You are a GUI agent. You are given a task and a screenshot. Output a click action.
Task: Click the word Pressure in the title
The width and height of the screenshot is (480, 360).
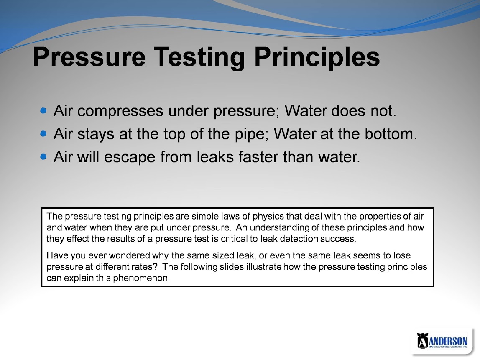89,57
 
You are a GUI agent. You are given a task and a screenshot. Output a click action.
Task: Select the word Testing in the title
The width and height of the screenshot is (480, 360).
199,58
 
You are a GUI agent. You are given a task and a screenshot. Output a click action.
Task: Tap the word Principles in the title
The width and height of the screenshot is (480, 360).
317,58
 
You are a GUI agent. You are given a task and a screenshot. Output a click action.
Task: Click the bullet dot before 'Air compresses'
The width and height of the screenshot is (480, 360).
43,110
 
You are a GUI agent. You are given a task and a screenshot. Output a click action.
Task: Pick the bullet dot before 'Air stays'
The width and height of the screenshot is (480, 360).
43,134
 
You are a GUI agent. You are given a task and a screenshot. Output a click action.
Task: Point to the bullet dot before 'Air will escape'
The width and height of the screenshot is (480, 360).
43,157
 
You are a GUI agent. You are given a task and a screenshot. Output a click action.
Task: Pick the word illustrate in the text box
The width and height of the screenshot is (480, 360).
263,267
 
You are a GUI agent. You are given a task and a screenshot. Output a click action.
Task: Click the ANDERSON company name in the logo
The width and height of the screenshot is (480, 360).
448,341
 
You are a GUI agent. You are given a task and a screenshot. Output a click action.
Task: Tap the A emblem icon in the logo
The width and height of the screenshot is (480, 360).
422,341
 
